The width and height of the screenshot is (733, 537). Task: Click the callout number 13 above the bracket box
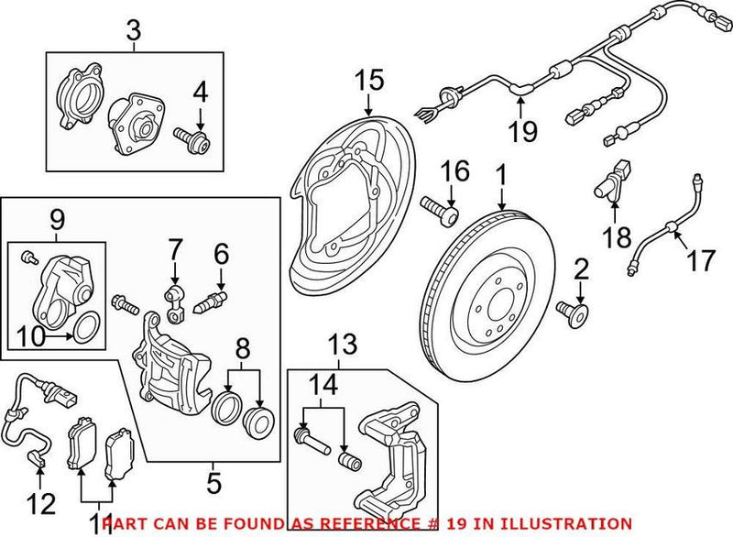[x=340, y=345]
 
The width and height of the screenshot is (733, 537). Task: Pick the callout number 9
[x=57, y=219]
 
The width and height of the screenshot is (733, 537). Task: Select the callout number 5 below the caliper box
[x=213, y=479]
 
